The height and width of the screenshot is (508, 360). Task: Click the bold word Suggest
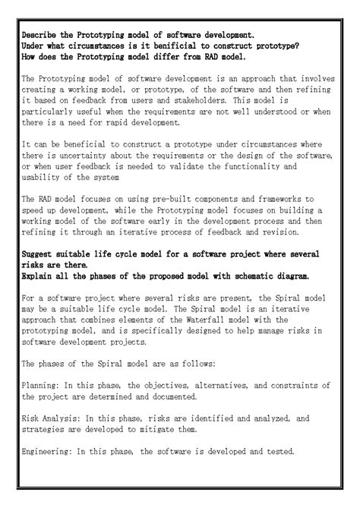point(40,254)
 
